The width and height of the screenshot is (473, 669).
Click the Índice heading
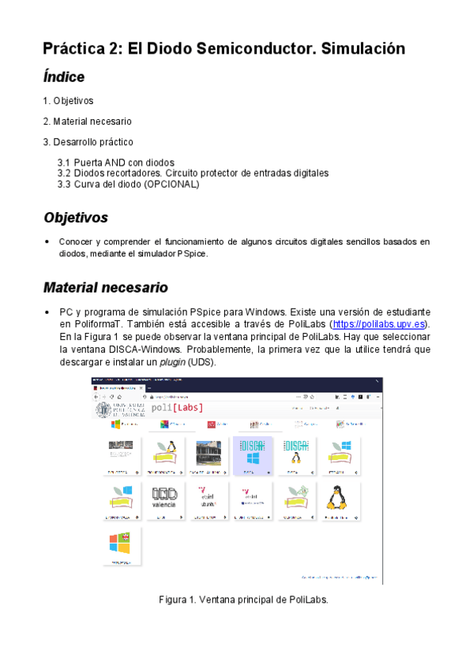[64, 77]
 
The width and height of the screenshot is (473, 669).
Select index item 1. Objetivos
[68, 101]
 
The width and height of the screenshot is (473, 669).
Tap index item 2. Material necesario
[87, 121]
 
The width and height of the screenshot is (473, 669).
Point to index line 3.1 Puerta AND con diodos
[116, 163]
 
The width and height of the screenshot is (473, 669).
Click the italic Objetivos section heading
[76, 218]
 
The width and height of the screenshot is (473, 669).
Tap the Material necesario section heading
[106, 288]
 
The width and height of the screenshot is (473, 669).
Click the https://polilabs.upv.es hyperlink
[377, 324]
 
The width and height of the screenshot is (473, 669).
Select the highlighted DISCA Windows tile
[253, 455]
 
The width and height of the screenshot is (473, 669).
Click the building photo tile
[208, 455]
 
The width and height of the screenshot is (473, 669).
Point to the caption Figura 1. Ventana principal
[243, 600]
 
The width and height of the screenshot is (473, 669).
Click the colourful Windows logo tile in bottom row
[121, 544]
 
